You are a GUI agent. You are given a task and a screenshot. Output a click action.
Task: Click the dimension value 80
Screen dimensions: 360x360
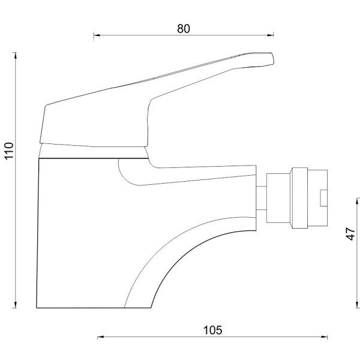click(x=184, y=29)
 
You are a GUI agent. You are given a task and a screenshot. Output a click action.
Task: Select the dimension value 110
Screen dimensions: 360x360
click(x=10, y=151)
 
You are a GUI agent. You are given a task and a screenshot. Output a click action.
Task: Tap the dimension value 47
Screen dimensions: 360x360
click(x=350, y=234)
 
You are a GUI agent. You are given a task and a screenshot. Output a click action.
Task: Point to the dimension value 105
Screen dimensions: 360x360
click(x=213, y=331)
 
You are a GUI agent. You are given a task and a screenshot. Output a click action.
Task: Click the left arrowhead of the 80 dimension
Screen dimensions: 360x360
click(x=97, y=35)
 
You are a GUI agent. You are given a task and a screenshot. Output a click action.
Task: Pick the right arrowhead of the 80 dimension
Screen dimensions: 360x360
click(x=271, y=35)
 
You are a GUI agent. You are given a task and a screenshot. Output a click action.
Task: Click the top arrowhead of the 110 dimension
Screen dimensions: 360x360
click(x=16, y=56)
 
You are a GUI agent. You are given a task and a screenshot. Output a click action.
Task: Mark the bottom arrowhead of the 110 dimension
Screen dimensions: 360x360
click(x=16, y=304)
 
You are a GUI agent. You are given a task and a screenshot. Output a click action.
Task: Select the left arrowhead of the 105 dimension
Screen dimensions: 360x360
click(x=101, y=337)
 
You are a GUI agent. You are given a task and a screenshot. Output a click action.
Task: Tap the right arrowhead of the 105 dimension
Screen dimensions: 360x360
click(x=325, y=337)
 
